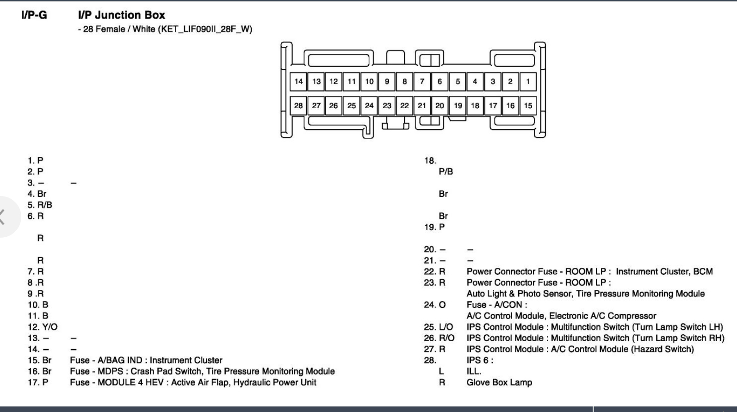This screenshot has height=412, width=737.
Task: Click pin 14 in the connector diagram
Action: tap(298, 82)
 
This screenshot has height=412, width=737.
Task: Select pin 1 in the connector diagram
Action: tap(528, 82)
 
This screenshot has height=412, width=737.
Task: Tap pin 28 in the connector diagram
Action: tap(298, 106)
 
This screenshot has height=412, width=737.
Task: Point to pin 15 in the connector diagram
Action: tap(528, 106)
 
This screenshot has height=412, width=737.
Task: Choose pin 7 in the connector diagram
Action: tap(422, 82)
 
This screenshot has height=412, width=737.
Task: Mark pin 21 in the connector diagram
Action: tap(422, 106)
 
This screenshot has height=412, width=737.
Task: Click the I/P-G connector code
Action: tap(34, 15)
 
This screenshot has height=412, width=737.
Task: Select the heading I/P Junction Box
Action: tap(121, 15)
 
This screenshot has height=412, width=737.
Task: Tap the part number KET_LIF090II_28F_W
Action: tap(205, 29)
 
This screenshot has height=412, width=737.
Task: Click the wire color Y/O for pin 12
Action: tap(49, 327)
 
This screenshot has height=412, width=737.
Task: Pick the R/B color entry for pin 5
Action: tap(45, 205)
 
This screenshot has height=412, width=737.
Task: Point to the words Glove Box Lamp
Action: tap(499, 382)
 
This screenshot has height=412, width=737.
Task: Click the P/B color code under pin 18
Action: tap(446, 172)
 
